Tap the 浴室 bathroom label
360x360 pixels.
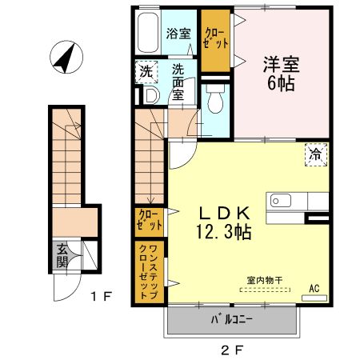tap(178, 34)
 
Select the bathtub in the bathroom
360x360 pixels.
tap(147, 33)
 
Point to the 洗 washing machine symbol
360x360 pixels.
tap(146, 71)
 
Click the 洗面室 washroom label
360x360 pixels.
tap(179, 80)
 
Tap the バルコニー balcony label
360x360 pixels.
tap(232, 320)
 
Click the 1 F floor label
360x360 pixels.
tap(100, 298)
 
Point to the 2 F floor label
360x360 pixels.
tap(231, 349)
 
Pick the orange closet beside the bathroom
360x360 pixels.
tap(215, 38)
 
